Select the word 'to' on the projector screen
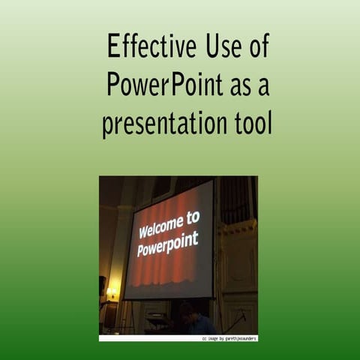pyautogui.click(x=193, y=217)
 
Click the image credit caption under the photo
pyautogui.click(x=229, y=338)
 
